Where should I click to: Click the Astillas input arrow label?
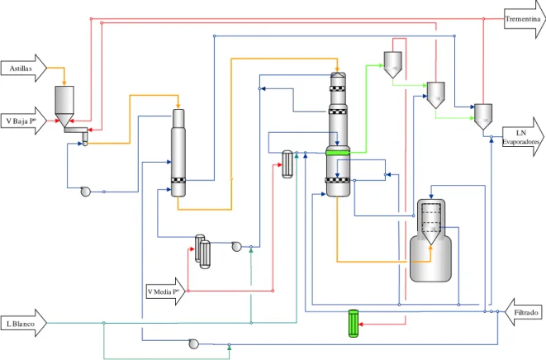pyautogui.click(x=21, y=69)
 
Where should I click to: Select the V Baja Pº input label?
pyautogui.click(x=21, y=121)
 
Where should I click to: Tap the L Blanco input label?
pyautogui.click(x=21, y=324)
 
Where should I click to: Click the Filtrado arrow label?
pyautogui.click(x=526, y=313)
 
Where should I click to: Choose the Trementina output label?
pyautogui.click(x=523, y=19)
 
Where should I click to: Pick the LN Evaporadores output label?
pyautogui.click(x=521, y=137)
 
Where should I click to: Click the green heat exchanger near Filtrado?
pyautogui.click(x=354, y=323)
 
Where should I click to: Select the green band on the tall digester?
pyautogui.click(x=337, y=153)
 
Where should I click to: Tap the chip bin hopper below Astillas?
pyautogui.click(x=64, y=107)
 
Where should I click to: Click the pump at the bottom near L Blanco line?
pyautogui.click(x=193, y=344)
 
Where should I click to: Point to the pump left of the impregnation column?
pyautogui.click(x=85, y=192)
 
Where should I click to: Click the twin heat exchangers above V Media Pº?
pyautogui.click(x=202, y=251)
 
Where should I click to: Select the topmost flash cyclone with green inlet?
pyautogui.click(x=393, y=64)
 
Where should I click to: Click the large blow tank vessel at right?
pyautogui.click(x=430, y=240)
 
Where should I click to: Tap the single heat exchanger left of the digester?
pyautogui.click(x=287, y=164)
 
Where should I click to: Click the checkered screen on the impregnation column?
pyautogui.click(x=178, y=180)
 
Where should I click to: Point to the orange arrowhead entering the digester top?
pyautogui.click(x=337, y=69)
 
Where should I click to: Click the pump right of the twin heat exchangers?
pyautogui.click(x=236, y=247)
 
